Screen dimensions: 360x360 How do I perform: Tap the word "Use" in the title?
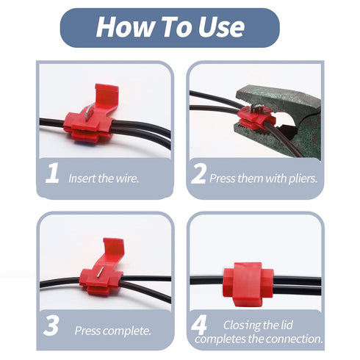[x=221, y=26]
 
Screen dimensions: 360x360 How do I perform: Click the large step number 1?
[x=52, y=173]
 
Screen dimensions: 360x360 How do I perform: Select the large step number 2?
[x=198, y=173]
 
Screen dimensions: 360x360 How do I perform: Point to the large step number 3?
[x=51, y=325]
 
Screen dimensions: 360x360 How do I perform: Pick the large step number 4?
[x=198, y=325]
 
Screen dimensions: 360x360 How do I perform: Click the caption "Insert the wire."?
[x=104, y=179]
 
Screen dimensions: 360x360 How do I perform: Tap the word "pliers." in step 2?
[x=303, y=179]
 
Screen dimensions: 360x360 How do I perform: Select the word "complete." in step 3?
[x=129, y=331]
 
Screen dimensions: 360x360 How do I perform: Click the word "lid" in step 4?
[x=287, y=325]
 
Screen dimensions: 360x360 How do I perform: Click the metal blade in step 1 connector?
[x=90, y=112]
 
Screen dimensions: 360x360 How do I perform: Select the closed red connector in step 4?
[x=248, y=284]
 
